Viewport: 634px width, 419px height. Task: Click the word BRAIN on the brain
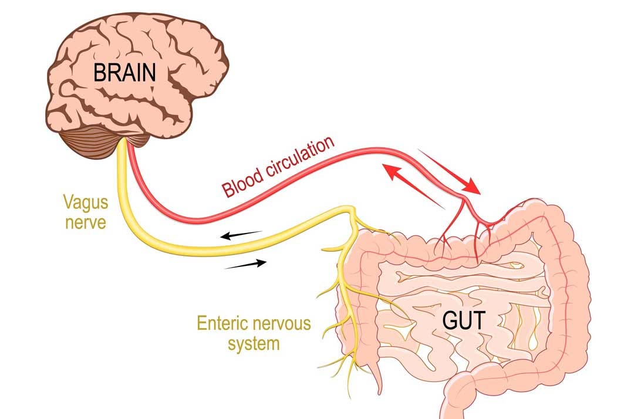click(124, 73)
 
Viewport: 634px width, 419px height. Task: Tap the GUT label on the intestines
click(463, 320)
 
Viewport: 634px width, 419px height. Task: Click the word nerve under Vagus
click(86, 222)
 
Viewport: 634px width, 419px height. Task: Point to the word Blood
click(242, 184)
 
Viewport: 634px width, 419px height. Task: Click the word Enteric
click(222, 323)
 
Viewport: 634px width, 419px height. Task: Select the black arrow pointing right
click(245, 264)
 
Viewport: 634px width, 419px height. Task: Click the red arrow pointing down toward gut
click(449, 172)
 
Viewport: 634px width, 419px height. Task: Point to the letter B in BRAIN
click(99, 73)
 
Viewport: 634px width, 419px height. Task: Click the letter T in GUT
click(478, 321)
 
